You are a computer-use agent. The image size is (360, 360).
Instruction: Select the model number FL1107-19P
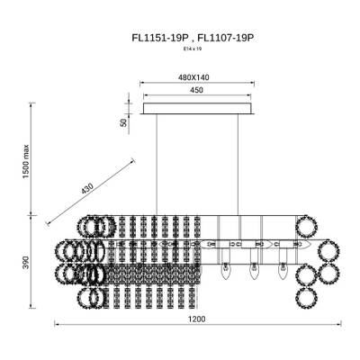point(226,39)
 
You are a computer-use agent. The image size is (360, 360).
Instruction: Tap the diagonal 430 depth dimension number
point(87,188)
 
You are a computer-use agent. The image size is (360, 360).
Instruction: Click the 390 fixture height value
point(26,262)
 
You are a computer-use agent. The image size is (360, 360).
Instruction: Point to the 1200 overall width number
point(197,319)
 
